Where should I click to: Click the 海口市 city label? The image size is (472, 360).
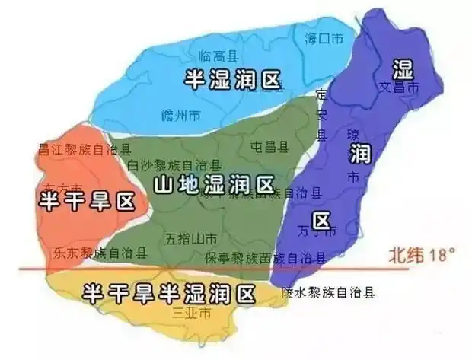coord(324,38)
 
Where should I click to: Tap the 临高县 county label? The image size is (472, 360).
coord(215,56)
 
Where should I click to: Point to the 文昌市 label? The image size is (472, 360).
coord(400,88)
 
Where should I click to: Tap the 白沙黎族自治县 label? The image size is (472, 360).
coord(174,165)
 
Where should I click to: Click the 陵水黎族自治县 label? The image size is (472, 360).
coord(328,292)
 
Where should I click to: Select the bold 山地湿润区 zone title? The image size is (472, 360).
coord(212,183)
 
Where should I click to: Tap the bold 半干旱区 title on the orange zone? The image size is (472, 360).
coord(85,202)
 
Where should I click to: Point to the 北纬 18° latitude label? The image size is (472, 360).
coord(416,253)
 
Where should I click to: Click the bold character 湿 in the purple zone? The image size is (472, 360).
coord(402,70)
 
